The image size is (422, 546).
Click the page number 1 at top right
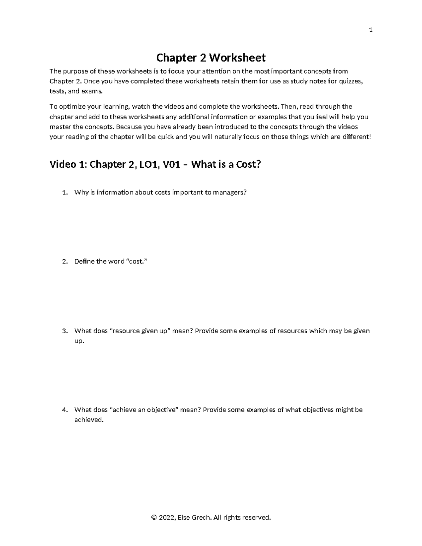tap(370, 30)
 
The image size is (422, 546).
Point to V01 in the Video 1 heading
tap(170, 164)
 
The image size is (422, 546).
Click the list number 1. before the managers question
tap(64, 192)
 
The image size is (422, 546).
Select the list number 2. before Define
tap(64, 261)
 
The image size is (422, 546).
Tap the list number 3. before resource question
tap(64, 331)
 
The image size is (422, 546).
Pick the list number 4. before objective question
tap(64, 410)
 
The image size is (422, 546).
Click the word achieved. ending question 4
tap(89, 420)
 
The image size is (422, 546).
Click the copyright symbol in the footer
tap(153, 517)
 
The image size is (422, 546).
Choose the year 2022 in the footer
tap(166, 517)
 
